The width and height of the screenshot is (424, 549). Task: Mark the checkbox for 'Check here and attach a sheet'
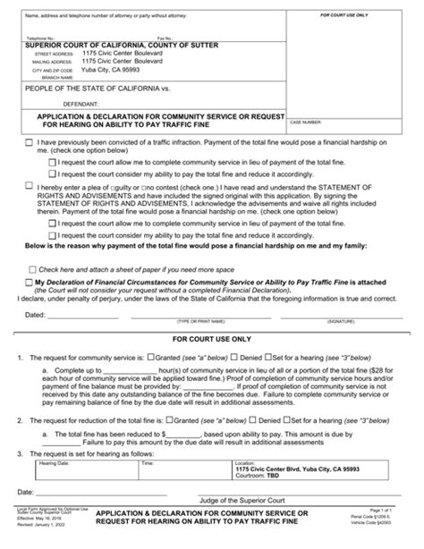32,267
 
